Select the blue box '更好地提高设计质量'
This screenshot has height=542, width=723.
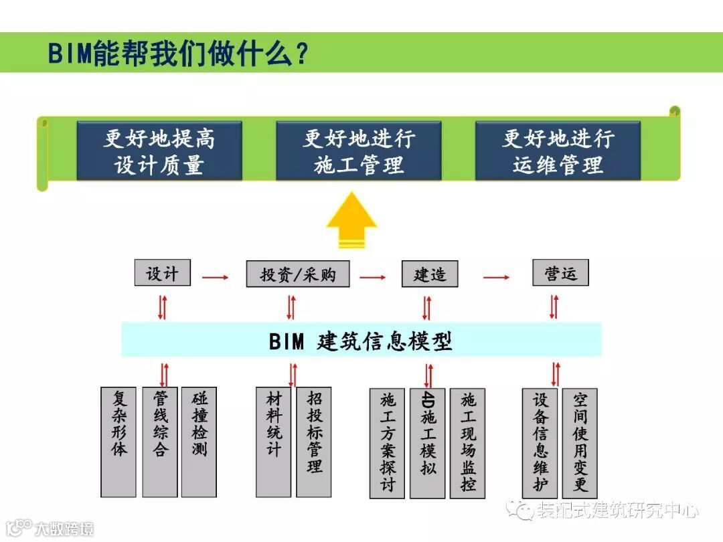159,151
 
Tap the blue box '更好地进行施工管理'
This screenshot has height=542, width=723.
359,151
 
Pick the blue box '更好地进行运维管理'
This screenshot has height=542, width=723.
558,151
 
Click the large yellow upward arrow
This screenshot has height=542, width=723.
351,221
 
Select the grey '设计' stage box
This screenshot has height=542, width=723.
162,273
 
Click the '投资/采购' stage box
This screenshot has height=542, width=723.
298,274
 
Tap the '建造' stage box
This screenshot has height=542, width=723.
430,274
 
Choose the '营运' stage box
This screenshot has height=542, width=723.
560,273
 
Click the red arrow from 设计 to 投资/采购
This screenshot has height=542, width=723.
215,276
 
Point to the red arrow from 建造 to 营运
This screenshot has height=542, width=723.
497,276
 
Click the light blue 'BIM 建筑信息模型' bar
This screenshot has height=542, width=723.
361,341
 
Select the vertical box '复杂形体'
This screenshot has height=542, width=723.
118,442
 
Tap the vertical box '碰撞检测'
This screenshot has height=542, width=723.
199,442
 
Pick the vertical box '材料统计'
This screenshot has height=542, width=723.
273,442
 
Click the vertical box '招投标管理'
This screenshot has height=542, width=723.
314,442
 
